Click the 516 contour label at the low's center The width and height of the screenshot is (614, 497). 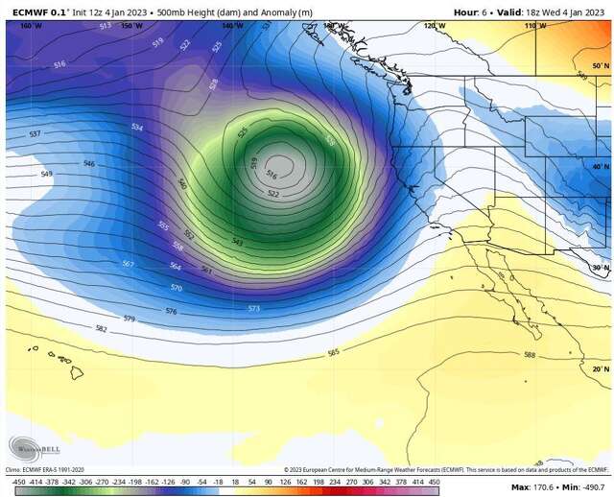(271, 176)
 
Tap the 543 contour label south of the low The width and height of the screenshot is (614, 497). (236, 242)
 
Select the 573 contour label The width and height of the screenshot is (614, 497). (253, 308)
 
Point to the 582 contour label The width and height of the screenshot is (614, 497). (101, 328)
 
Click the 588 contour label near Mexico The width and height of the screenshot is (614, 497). (529, 355)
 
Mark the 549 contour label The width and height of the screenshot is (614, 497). (46, 174)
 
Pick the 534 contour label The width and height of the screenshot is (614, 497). (137, 127)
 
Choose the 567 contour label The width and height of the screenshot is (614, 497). (128, 263)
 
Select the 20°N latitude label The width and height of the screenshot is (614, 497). (600, 368)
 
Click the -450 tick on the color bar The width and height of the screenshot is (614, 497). (17, 480)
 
